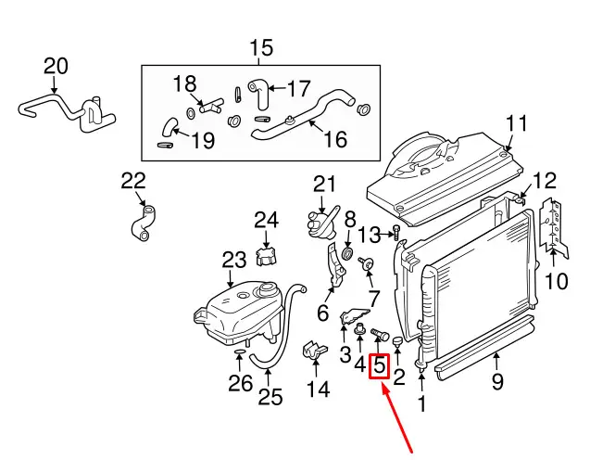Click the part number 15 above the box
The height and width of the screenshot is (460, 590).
[x=262, y=47]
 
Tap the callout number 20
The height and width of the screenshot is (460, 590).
[x=56, y=67]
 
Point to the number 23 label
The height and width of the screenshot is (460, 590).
[x=234, y=261]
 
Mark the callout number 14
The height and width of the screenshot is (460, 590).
[x=318, y=390]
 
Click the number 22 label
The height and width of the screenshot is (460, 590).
[x=133, y=181]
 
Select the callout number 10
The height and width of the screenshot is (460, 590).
[x=556, y=280]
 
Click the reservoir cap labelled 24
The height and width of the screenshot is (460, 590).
[x=268, y=253]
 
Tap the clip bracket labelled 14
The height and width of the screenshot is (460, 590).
[x=315, y=353]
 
